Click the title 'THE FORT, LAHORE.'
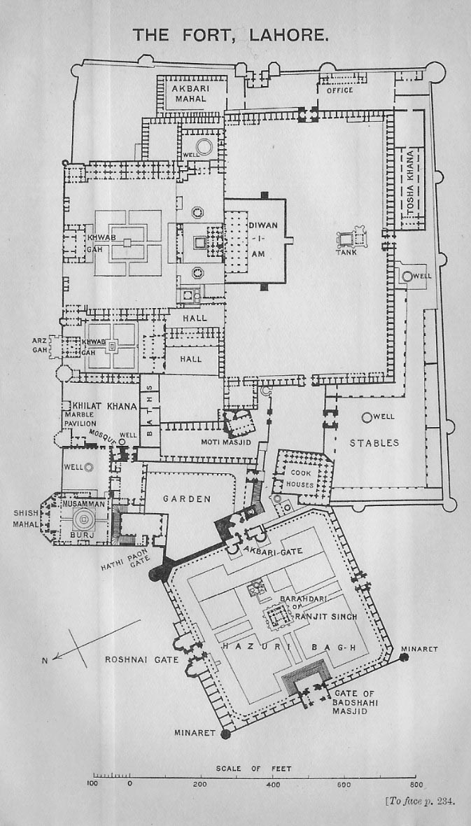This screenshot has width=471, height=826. pyautogui.click(x=231, y=35)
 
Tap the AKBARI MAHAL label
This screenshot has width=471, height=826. pyautogui.click(x=190, y=93)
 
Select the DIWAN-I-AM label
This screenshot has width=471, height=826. pyautogui.click(x=259, y=239)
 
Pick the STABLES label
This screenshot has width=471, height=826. pyautogui.click(x=374, y=443)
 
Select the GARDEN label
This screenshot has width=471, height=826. pyautogui.click(x=186, y=499)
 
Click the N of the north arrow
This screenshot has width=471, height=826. pyautogui.click(x=45, y=659)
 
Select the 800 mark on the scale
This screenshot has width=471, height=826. pyautogui.click(x=415, y=784)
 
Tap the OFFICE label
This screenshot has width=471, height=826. pyautogui.click(x=339, y=90)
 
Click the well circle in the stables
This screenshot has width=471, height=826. pyautogui.click(x=367, y=417)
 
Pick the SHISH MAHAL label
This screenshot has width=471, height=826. pyautogui.click(x=26, y=519)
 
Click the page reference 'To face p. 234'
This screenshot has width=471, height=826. pyautogui.click(x=420, y=801)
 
